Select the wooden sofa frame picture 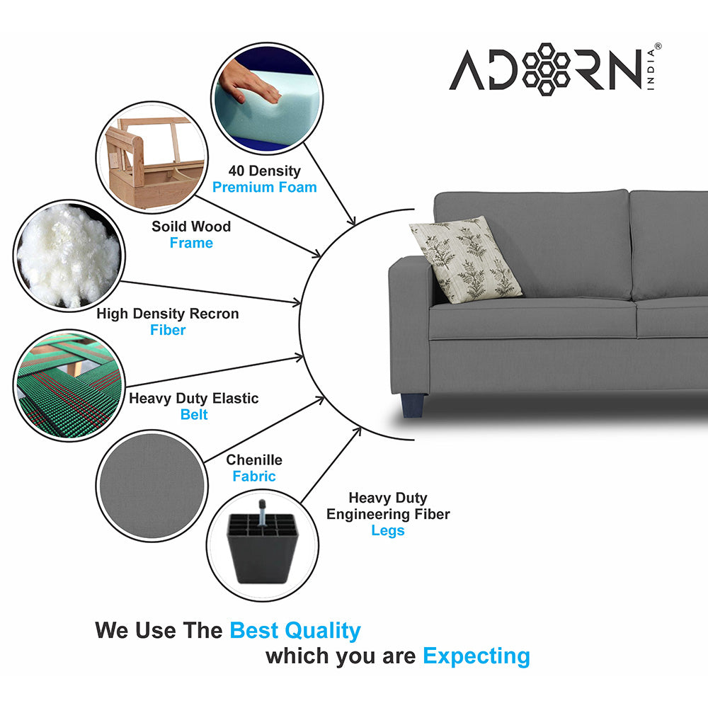pos(151,157)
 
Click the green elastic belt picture pos(69,386)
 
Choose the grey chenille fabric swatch pos(150,486)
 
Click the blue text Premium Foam pos(265,188)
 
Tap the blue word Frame pos(191,243)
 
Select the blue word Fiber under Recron pos(168,330)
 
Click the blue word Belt pos(193,415)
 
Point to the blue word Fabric pos(254,476)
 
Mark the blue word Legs pos(388,530)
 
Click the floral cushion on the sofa pos(465,259)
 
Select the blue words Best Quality pos(295,630)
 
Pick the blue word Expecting pos(476,656)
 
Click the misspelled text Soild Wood pos(191,227)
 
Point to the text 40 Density pos(264,171)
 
